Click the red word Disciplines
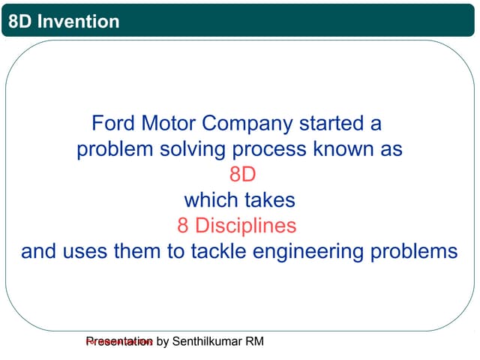pos(247,226)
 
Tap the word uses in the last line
pos(88,251)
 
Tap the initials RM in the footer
pos(255,342)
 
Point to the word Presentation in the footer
pos(119,342)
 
